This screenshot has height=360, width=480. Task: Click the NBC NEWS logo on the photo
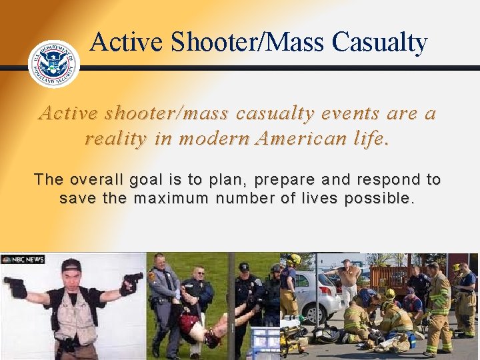click(x=23, y=259)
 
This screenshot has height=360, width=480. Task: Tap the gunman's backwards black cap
click(x=71, y=265)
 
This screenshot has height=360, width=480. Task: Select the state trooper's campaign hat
click(x=160, y=257)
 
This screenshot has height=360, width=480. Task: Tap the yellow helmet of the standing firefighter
click(x=293, y=259)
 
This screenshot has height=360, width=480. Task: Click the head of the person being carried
click(x=213, y=339)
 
